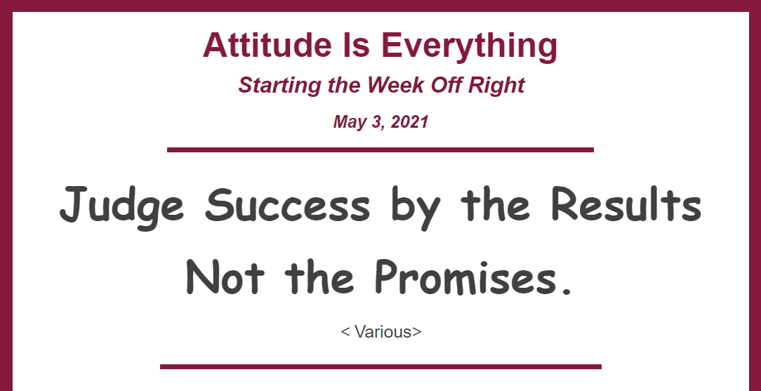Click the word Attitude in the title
point(263,45)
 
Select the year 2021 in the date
point(409,121)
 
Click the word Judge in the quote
point(122,207)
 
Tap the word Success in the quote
point(287,205)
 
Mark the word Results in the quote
point(626,204)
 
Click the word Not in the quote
point(225,277)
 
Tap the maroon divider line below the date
point(380,150)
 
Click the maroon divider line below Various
point(380,366)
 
